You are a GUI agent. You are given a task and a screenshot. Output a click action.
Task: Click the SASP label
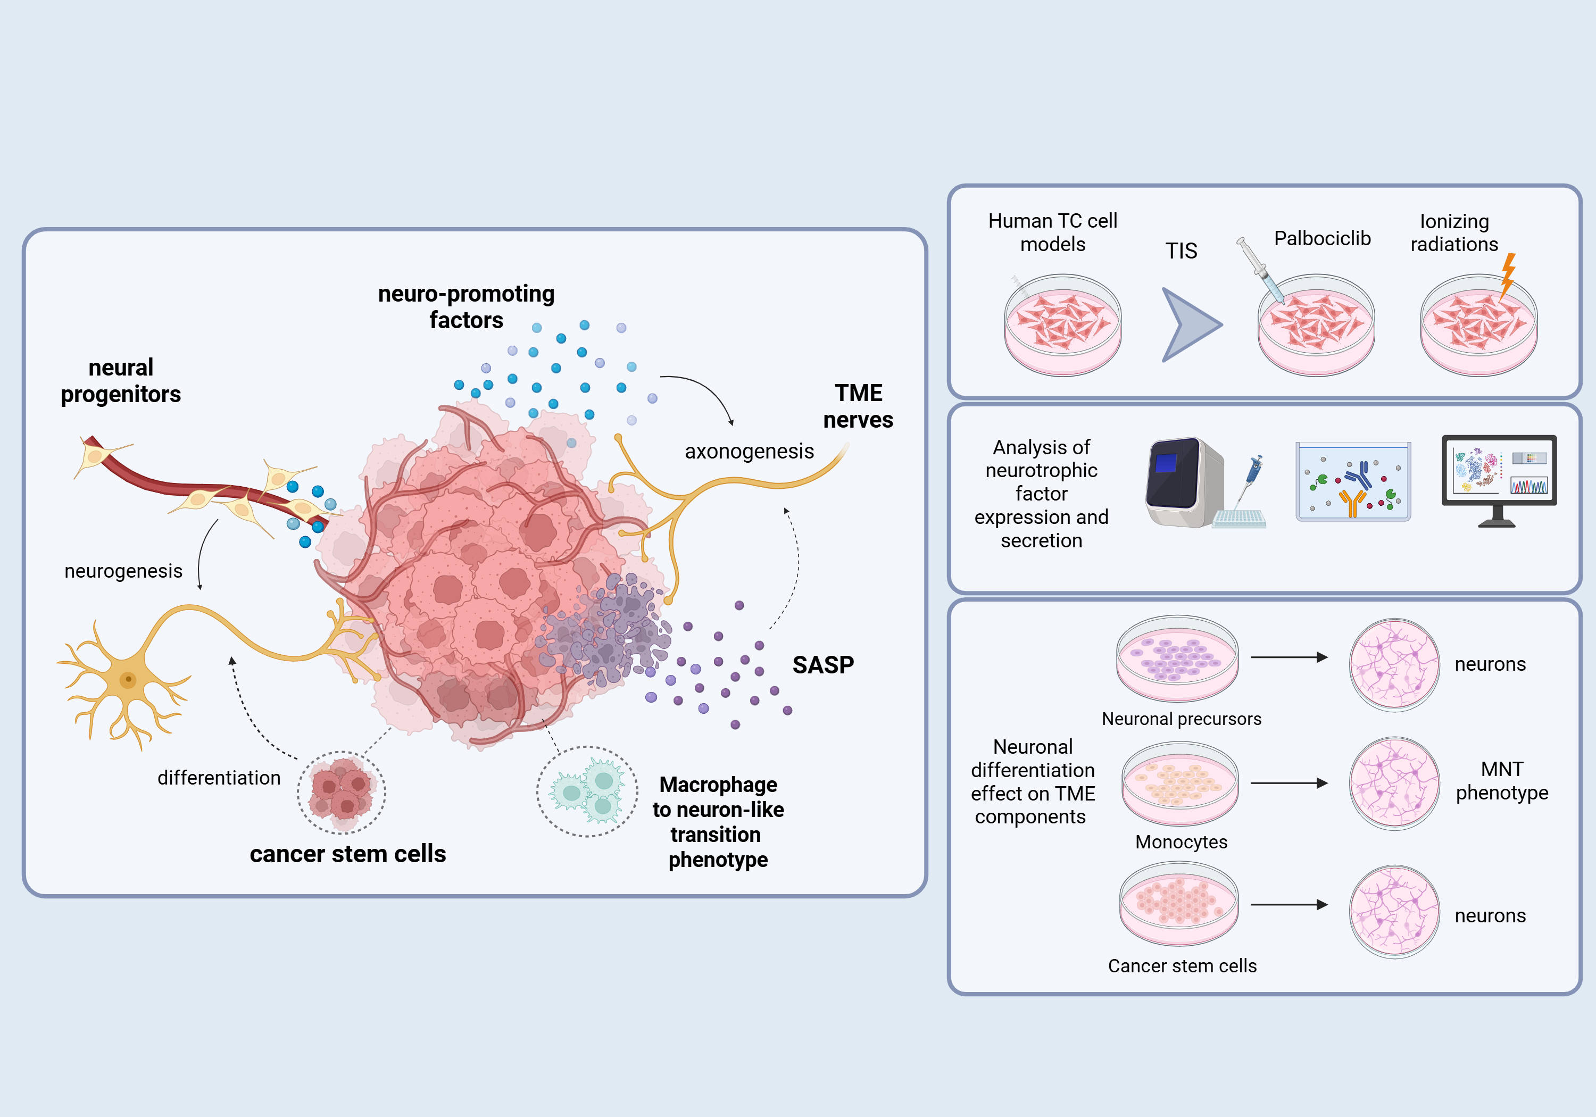(823, 665)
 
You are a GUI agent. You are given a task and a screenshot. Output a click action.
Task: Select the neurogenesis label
(123, 571)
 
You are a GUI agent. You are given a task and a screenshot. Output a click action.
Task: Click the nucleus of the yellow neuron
(128, 679)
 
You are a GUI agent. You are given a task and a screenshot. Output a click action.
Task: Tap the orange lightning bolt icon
(1507, 275)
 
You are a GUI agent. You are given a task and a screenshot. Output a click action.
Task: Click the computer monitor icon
(1499, 480)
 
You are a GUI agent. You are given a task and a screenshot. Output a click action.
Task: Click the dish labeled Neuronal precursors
(1177, 658)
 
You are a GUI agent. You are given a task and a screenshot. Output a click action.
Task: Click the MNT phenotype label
(1501, 781)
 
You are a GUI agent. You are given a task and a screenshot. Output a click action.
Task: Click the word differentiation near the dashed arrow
(219, 778)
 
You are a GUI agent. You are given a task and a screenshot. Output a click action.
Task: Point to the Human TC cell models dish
(1062, 326)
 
